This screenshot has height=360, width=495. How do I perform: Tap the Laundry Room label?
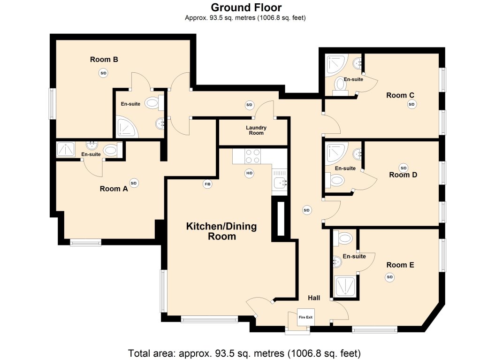[x=256, y=130]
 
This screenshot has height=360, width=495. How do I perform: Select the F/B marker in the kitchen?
[x=207, y=184]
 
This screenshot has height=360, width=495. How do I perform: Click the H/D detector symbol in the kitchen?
[x=249, y=173]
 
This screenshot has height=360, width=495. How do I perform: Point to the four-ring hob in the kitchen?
[x=253, y=156]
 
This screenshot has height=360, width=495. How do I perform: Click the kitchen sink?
[x=281, y=182]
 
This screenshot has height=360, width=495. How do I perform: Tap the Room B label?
[x=104, y=60]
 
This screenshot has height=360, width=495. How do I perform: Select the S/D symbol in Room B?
[x=103, y=73]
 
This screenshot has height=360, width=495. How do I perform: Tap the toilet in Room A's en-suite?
[x=111, y=150]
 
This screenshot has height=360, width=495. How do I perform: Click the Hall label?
[x=314, y=298]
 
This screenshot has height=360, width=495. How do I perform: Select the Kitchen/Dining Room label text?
[x=221, y=231]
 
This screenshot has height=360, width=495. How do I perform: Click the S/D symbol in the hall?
[x=306, y=210]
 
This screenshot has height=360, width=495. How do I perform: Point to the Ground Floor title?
[x=246, y=8]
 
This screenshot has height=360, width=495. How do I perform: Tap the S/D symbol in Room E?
[x=389, y=277]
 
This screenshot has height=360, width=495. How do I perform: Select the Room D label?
[x=403, y=175]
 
